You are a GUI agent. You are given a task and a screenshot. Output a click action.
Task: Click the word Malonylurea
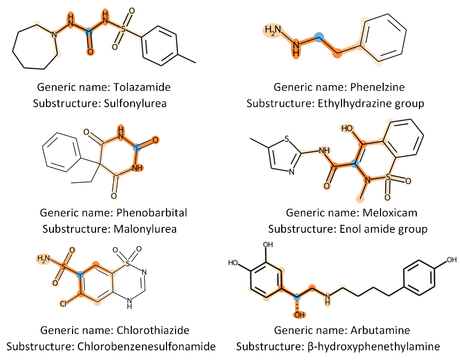[144, 229]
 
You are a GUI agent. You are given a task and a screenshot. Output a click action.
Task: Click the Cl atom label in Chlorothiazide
[63, 303]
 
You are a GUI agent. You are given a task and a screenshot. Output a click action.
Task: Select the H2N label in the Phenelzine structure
[272, 30]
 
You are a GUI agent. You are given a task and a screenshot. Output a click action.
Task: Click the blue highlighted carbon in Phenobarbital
[137, 146]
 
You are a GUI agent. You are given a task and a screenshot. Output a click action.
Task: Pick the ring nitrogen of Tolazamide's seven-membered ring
[53, 35]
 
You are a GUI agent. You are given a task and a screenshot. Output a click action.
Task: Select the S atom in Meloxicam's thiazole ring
[287, 139]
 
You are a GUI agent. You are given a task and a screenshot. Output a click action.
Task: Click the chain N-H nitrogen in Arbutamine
[327, 301]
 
